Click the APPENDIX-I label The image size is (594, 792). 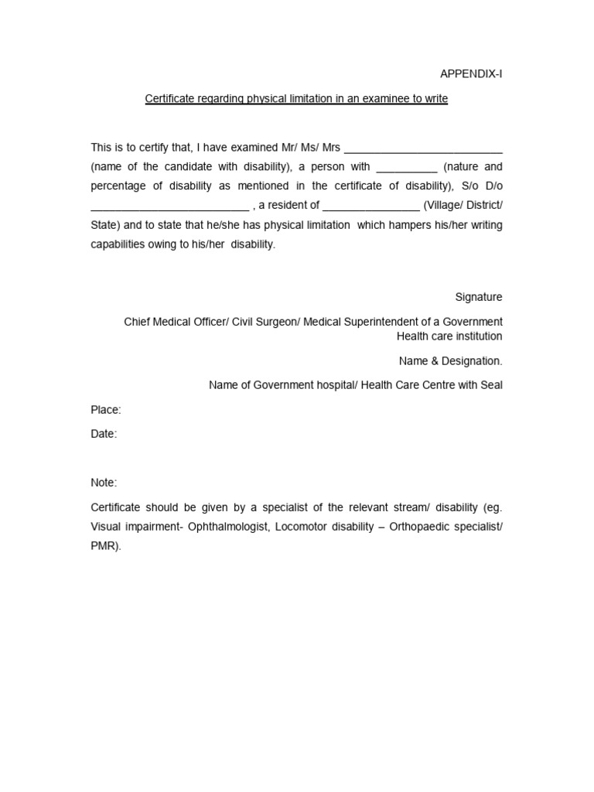click(471, 74)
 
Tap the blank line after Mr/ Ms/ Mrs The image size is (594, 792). click(423, 148)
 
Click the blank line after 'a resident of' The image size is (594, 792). click(371, 207)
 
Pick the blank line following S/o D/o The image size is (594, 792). click(170, 207)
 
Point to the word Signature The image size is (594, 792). click(479, 297)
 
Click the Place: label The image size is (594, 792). click(106, 410)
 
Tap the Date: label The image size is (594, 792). click(104, 434)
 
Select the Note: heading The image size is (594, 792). click(104, 483)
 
